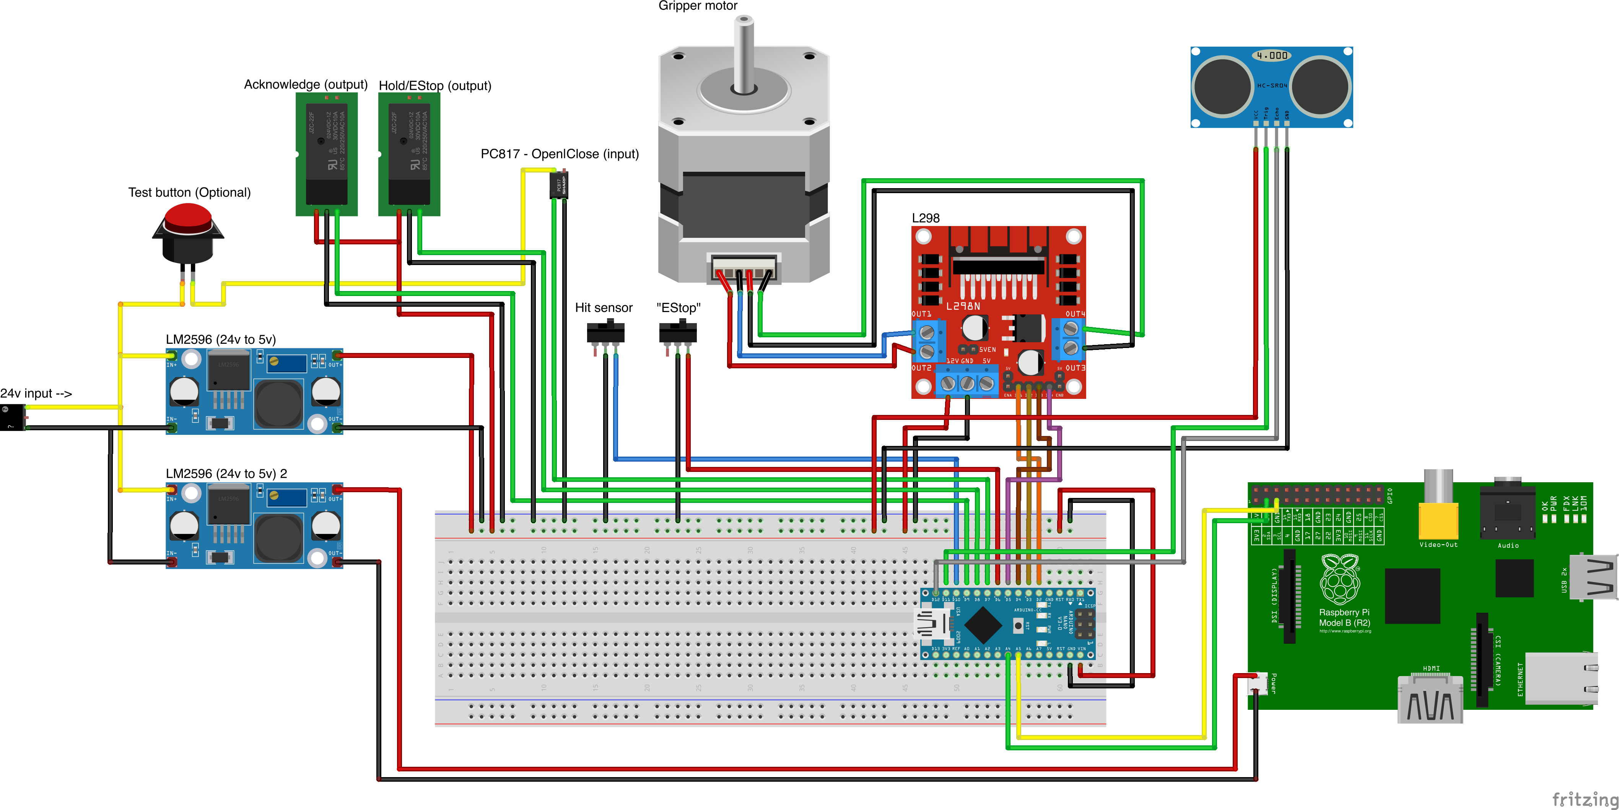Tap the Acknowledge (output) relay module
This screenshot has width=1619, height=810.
tap(326, 154)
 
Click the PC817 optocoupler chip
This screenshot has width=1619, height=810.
tap(559, 185)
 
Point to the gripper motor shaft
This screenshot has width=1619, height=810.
tap(744, 54)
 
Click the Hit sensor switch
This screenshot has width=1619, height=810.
tap(605, 332)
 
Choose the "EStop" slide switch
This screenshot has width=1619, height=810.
tap(677, 332)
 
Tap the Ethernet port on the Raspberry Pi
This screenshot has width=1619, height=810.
tap(1560, 679)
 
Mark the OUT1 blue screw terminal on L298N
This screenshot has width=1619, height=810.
tap(927, 339)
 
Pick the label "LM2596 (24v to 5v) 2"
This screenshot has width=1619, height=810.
tap(226, 473)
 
